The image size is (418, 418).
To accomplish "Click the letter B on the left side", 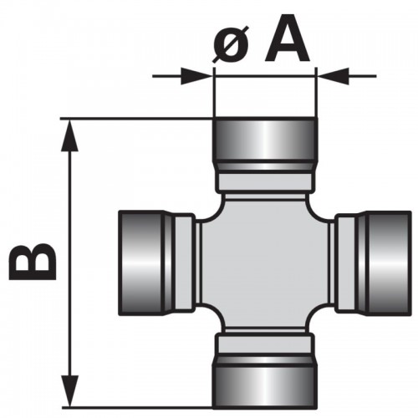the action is (x=33, y=262).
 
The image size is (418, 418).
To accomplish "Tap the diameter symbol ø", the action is (x=231, y=44).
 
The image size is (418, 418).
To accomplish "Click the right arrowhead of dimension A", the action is (x=334, y=75).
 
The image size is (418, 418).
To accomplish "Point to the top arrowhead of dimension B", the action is (x=69, y=135).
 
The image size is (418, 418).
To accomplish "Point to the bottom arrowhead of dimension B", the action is (x=69, y=391).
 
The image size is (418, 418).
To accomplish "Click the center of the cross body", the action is (x=265, y=263).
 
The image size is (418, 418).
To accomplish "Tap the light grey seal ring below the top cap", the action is (x=265, y=181).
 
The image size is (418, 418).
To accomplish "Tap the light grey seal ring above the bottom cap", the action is (x=265, y=344).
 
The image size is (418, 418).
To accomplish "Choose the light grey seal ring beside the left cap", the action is (x=184, y=263).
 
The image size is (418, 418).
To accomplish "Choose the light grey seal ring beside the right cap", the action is (x=346, y=263).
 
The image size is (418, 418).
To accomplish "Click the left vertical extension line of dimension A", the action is (x=214, y=92).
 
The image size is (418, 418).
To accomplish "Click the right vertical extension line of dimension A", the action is (x=316, y=92).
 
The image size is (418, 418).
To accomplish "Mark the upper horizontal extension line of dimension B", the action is (x=136, y=120).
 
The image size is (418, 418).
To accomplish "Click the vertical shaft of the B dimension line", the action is (x=69, y=263).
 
